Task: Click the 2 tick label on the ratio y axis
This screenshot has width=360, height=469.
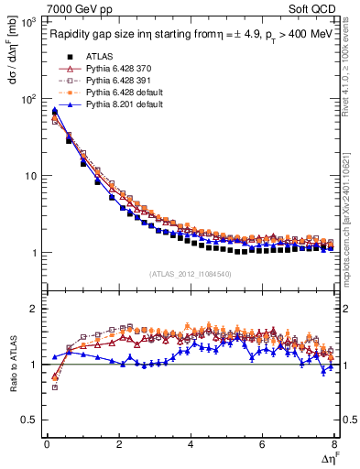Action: (34, 309)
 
